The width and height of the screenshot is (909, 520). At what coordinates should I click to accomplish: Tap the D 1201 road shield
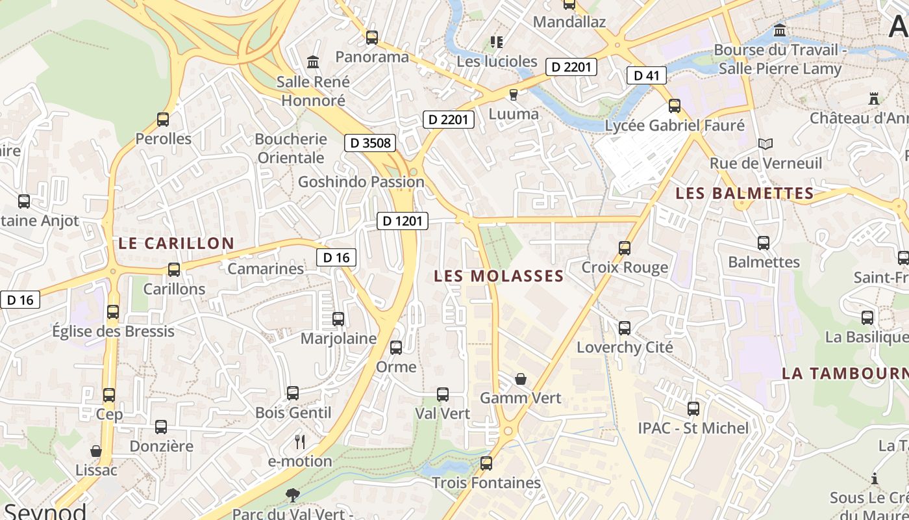403,221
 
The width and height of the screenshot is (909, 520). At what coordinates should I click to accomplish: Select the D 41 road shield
647,75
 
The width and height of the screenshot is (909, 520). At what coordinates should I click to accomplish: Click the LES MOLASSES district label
499,276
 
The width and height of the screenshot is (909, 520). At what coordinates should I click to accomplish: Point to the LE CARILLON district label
176,244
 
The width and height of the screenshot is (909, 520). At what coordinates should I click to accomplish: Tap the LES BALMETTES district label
745,194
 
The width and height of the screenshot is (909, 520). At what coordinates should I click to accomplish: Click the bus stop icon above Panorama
372,38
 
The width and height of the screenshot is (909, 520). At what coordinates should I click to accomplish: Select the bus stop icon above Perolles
163,120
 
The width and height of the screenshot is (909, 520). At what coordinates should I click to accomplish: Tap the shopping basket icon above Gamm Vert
521,378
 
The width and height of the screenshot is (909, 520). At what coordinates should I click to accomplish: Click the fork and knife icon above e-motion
300,442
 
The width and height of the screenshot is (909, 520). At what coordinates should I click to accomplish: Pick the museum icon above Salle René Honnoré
313,62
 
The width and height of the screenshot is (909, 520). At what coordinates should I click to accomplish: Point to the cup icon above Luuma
514,95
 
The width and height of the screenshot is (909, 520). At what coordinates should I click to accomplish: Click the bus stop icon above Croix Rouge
625,248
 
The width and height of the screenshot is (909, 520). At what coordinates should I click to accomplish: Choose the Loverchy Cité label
625,347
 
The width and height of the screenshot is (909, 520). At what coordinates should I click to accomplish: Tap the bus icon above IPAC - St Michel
693,409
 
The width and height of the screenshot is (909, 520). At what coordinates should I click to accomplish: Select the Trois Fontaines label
486,483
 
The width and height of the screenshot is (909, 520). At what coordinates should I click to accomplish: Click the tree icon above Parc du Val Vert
293,495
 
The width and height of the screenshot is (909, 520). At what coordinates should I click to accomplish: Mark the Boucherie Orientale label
291,148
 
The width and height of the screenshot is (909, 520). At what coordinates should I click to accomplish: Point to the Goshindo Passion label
361,182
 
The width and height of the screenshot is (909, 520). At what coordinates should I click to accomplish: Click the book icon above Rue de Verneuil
766,144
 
